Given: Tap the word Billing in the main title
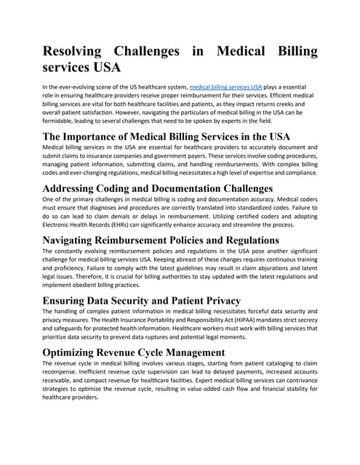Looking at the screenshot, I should (290, 52).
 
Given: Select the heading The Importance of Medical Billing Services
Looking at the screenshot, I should (167, 137).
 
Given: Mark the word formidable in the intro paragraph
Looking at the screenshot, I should (63, 123).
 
